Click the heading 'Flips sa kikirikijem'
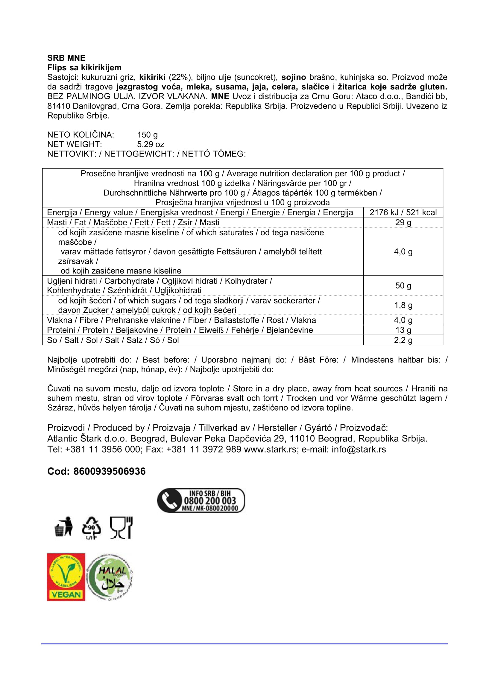click(84, 67)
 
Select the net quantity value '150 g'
click(147, 135)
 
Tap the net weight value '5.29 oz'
click(150, 144)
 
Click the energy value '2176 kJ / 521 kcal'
click(403, 212)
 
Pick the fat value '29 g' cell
click(403, 223)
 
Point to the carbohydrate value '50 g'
click(403, 286)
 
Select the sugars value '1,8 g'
click(403, 305)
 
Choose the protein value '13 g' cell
click(403, 330)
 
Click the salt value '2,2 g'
click(403, 340)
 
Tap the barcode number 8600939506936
click(110, 471)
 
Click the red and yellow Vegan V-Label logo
click(66, 577)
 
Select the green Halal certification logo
click(110, 577)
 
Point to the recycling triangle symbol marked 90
click(91, 528)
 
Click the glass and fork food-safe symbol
click(121, 528)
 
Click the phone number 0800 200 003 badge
click(201, 501)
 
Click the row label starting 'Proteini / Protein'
click(180, 330)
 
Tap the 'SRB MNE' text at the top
click(66, 58)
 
